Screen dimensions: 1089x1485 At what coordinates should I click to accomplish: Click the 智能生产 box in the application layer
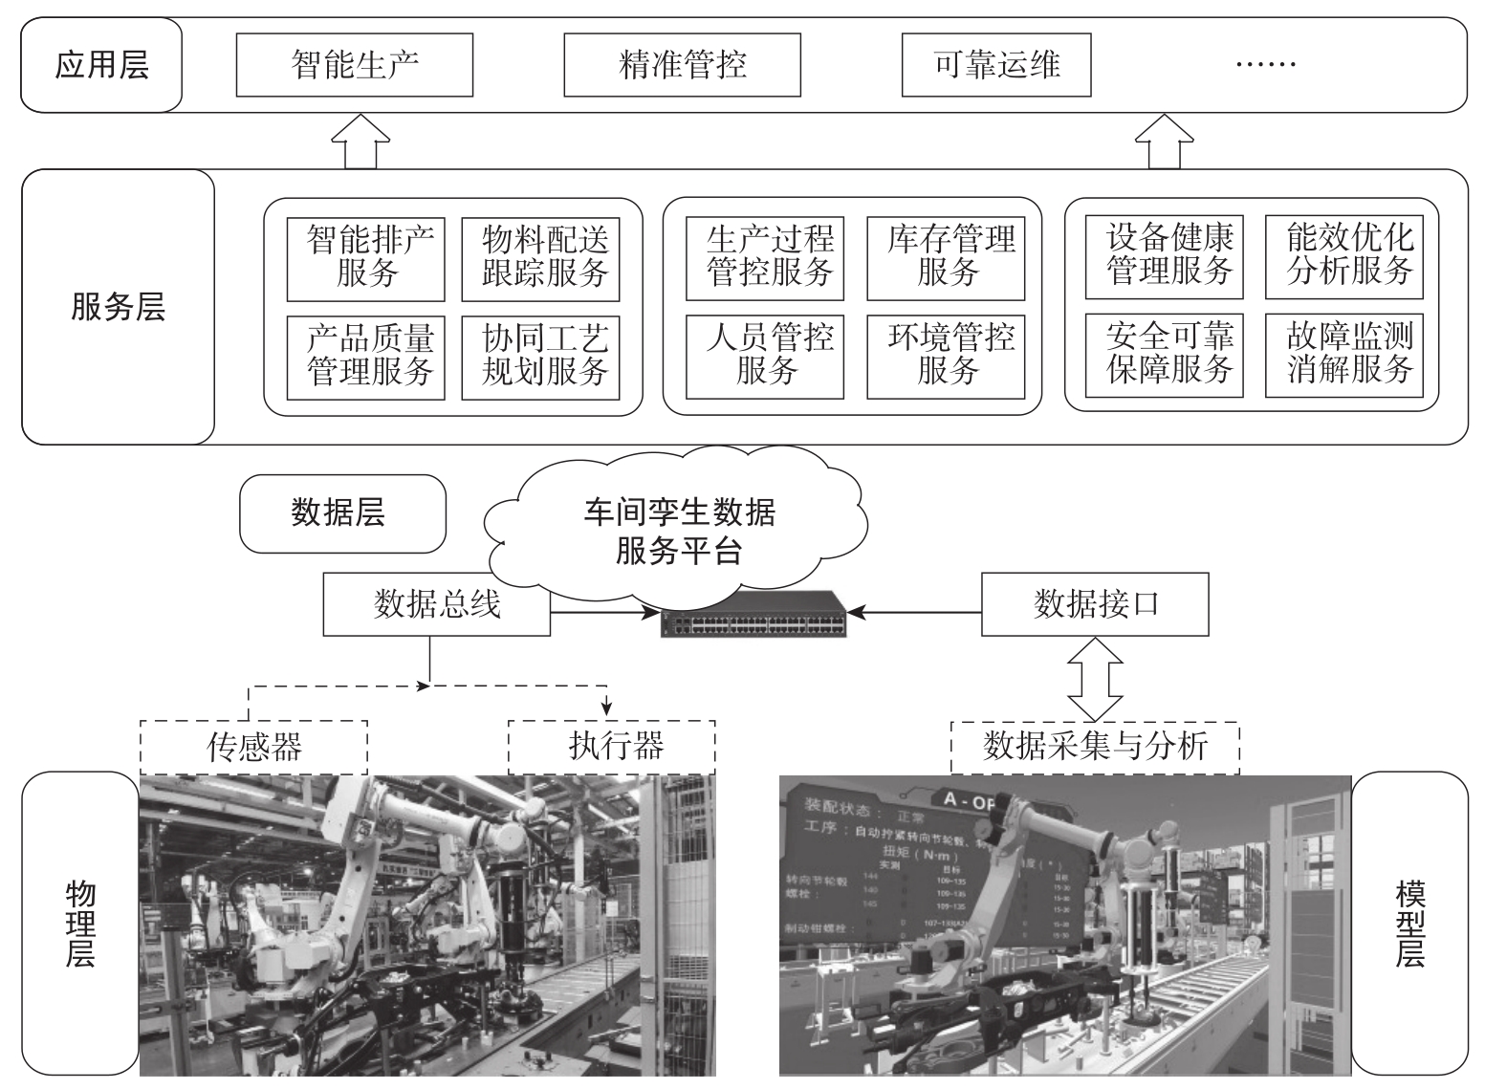click(354, 65)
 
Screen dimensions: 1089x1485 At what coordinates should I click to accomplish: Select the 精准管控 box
click(682, 65)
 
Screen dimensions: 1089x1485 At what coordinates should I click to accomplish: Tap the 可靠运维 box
click(996, 65)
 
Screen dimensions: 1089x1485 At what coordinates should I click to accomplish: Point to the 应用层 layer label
click(101, 65)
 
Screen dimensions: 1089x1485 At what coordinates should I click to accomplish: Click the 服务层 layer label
click(118, 307)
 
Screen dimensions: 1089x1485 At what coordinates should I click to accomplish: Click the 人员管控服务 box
click(765, 356)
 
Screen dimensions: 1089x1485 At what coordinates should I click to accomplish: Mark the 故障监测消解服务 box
click(1343, 355)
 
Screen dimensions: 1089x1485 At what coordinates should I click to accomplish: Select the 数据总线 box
click(437, 604)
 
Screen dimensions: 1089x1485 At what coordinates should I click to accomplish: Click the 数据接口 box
click(1095, 604)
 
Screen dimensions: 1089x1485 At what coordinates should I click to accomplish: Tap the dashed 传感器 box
click(253, 747)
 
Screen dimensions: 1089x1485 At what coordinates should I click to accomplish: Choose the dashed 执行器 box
click(612, 747)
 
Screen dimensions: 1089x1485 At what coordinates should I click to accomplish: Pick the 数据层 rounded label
click(342, 513)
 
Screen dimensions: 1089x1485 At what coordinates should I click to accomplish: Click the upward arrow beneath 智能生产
click(360, 142)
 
